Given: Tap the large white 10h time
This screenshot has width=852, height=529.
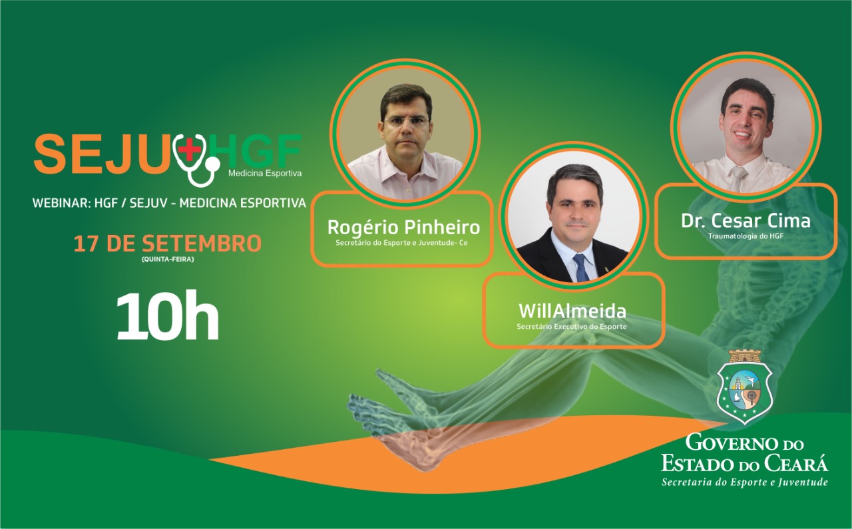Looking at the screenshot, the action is coord(168,315).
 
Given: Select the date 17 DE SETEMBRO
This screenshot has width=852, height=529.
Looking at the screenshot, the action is coord(167,244).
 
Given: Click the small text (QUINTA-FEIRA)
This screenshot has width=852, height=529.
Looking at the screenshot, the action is coord(168,260).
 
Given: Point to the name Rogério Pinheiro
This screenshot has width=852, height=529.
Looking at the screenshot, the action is coord(403,227).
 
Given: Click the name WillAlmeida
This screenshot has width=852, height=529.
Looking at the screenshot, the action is coord(572,311).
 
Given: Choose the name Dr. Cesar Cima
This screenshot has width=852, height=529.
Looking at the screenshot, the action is coord(745,220).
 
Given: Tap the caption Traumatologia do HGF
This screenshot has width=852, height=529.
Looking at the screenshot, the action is coord(745,236).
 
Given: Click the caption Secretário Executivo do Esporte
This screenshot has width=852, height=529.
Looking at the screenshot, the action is coord(572,327).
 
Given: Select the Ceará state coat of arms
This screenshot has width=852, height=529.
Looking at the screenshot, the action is coord(744,387).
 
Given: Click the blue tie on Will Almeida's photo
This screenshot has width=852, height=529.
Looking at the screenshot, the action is coord(581,267).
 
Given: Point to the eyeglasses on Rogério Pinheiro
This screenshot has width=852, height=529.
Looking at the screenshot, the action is coord(406,122).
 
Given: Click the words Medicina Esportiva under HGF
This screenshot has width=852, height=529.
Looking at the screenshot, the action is coord(265,174).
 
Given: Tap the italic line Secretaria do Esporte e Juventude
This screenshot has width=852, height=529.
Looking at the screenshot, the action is coord(745,482).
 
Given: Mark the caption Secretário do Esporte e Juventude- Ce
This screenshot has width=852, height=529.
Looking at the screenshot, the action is coord(401,243).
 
